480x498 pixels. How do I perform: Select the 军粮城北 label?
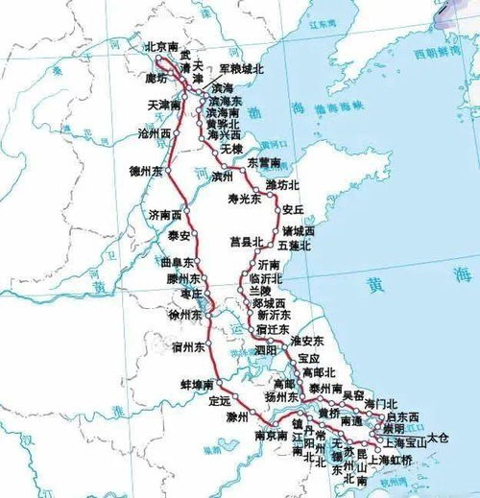pyautogui.click(x=240, y=69)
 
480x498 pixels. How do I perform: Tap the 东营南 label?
pyautogui.click(x=263, y=161)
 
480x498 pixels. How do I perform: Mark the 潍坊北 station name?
pyautogui.click(x=283, y=184)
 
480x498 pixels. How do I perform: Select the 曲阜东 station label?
pyautogui.click(x=179, y=261)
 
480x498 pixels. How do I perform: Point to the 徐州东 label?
pyautogui.click(x=185, y=314)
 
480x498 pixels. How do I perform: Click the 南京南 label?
pyautogui.click(x=272, y=436)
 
